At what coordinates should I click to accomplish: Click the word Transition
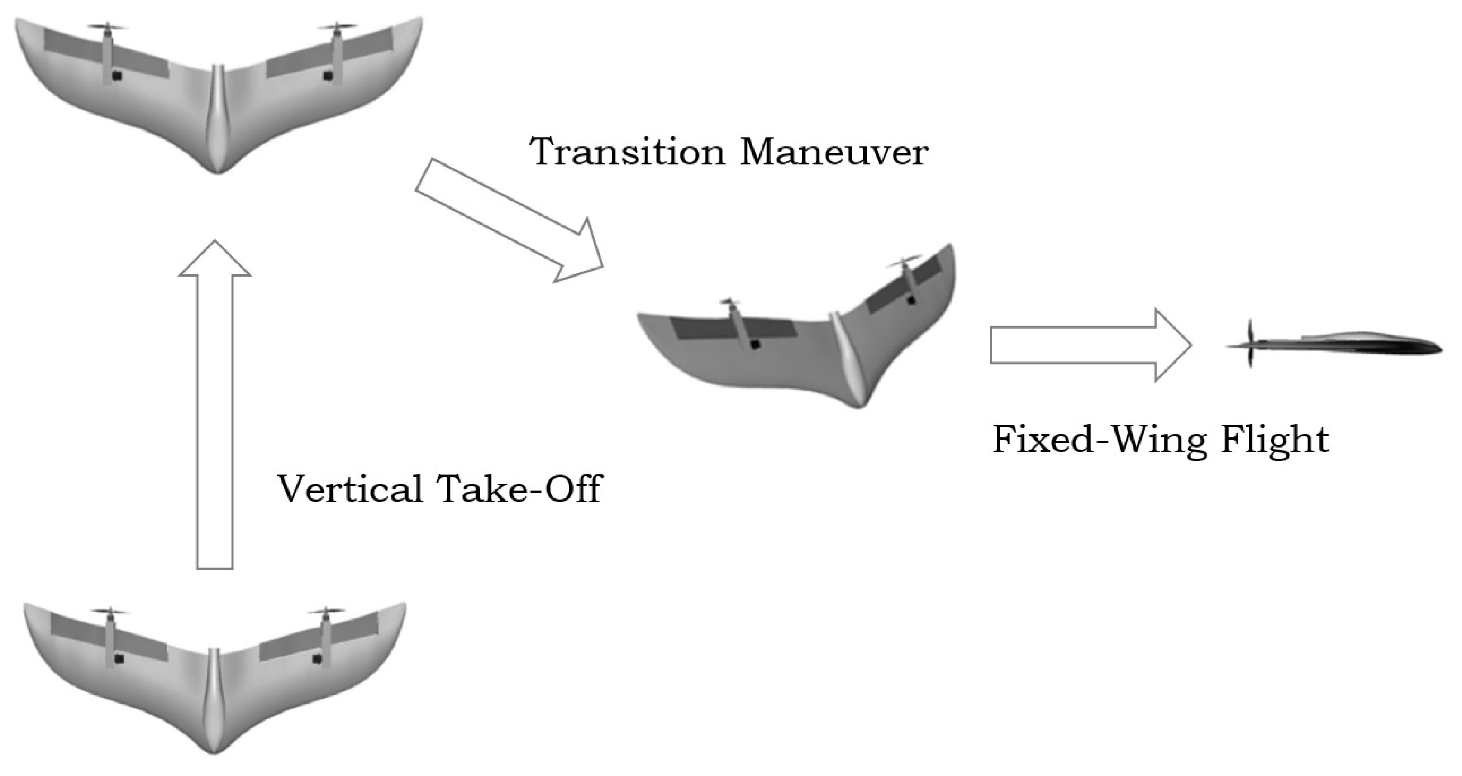(x=627, y=152)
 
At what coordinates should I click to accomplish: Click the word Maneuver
(x=834, y=152)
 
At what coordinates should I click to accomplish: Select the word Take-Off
(x=519, y=488)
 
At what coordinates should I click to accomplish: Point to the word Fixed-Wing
(x=1098, y=439)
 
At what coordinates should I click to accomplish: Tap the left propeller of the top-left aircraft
(x=108, y=27)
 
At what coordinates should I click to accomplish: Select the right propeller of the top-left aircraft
(x=337, y=27)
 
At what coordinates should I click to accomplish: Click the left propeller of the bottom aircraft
(x=110, y=612)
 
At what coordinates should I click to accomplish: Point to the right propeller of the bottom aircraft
(x=326, y=612)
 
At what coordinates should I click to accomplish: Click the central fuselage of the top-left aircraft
(x=217, y=119)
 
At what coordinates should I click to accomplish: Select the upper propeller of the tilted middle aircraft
(x=904, y=263)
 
